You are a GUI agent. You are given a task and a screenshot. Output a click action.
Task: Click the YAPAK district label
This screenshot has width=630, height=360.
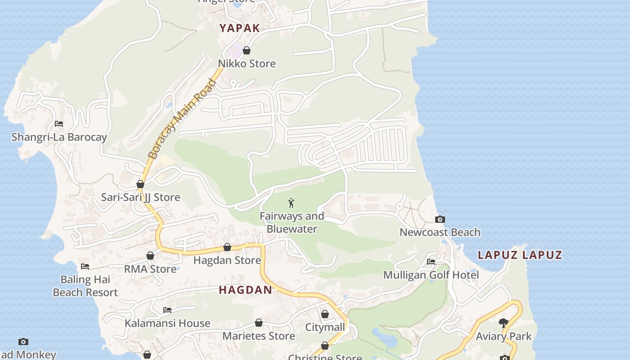(239, 28)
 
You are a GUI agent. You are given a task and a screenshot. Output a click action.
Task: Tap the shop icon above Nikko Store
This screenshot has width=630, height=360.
(247, 50)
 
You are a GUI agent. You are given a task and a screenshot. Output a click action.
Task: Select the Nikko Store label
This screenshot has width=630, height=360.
(247, 63)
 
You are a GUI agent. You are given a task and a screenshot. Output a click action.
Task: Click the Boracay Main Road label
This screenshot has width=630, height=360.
(182, 119)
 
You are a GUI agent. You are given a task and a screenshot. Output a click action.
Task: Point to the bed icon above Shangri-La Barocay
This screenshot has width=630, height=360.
(59, 124)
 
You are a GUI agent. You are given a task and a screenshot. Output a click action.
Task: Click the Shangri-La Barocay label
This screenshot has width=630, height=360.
(59, 137)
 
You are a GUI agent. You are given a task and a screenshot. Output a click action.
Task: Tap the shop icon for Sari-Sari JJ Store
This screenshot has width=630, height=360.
(140, 184)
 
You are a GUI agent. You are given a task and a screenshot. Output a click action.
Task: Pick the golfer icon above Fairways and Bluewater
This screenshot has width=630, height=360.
(292, 203)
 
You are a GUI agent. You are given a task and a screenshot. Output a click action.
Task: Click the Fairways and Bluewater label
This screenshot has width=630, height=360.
(292, 222)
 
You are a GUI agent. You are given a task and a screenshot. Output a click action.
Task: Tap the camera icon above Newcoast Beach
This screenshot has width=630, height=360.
(440, 220)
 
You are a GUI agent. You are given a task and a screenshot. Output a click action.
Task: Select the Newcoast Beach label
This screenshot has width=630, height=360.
(440, 232)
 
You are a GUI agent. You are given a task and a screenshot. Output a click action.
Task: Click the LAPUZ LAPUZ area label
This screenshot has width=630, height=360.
(520, 255)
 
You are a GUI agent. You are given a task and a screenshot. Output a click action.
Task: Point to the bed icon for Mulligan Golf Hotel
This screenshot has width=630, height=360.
(431, 262)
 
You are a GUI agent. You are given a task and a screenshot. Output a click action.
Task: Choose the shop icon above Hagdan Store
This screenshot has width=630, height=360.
(227, 247)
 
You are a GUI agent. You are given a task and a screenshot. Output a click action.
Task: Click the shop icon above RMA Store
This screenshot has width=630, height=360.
(150, 256)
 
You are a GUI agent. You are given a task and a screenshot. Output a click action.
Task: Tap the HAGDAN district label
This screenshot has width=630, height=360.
(245, 290)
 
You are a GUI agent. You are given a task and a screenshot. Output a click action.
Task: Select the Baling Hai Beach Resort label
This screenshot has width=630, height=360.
(85, 286)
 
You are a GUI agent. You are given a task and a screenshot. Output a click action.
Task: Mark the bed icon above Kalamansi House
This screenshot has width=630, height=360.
(167, 310)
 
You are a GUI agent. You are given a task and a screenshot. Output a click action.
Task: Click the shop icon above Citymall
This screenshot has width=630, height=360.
(325, 314)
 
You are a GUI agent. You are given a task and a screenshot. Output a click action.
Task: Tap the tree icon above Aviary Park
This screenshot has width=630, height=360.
(504, 323)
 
